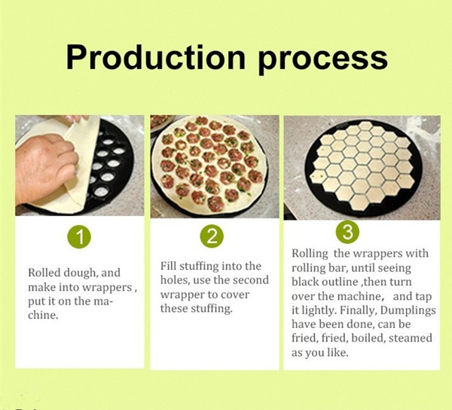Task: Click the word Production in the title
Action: (x=156, y=57)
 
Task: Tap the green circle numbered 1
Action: (x=79, y=237)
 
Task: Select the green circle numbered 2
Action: (x=212, y=236)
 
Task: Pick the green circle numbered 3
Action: (x=347, y=232)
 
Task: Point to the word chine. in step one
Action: (x=43, y=315)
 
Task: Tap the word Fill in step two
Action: (x=168, y=266)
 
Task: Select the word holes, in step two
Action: (x=175, y=280)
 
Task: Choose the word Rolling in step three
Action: (x=310, y=254)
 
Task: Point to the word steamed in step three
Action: (x=411, y=338)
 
